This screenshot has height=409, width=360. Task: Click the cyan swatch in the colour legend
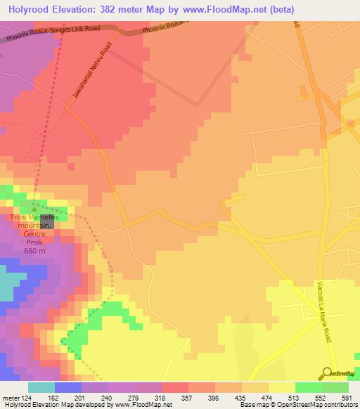point(41,387)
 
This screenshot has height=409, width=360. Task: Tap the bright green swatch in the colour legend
point(309,387)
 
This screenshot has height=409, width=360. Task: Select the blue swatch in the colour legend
point(68,387)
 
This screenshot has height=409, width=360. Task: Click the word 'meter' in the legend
point(11,397)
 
